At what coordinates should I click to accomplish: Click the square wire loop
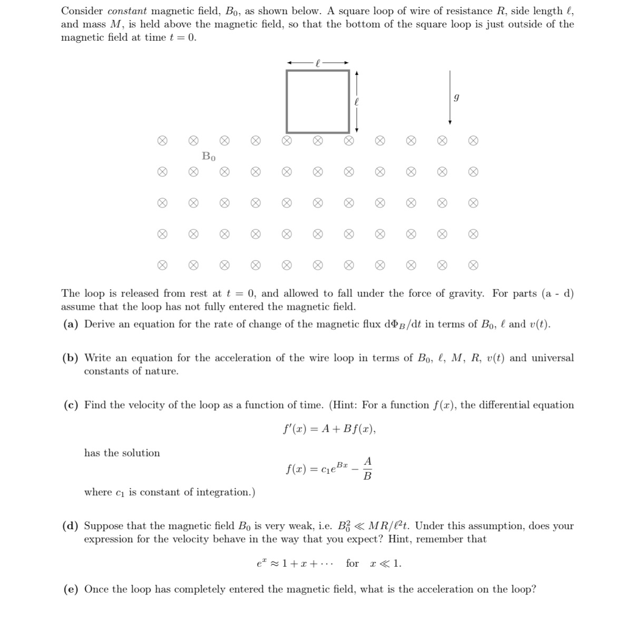coord(318,101)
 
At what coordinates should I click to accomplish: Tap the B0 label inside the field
coord(209,156)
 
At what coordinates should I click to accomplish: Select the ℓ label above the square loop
coord(317,63)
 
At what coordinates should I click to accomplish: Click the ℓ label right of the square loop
coord(357,101)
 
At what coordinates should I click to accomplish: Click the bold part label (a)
coord(71,324)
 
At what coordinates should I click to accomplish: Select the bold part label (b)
coord(72,358)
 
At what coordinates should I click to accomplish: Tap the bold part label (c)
coord(71,405)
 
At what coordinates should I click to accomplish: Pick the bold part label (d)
coord(72,526)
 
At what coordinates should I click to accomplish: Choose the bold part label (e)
coord(71,589)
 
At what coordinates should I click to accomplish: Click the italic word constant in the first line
coord(127,11)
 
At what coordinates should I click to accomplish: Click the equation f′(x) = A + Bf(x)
coord(329,429)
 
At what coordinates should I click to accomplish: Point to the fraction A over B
coord(368,469)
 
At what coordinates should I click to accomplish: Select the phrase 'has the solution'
coord(122,453)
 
